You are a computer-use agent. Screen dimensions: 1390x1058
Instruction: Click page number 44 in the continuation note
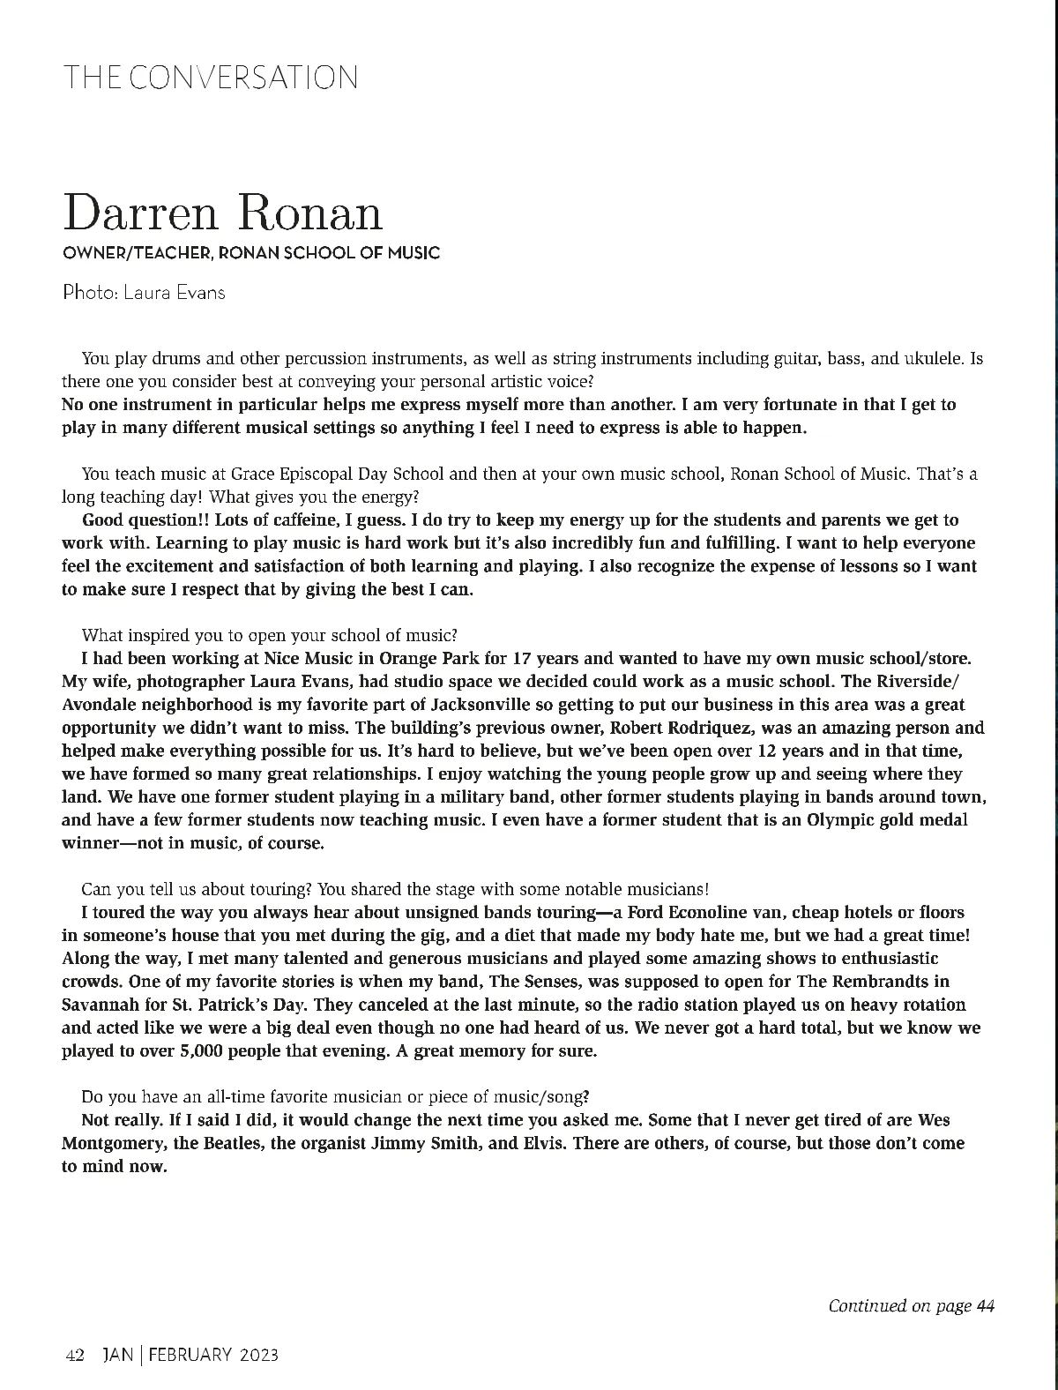tap(986, 1306)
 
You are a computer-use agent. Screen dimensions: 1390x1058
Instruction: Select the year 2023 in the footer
tap(258, 1356)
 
